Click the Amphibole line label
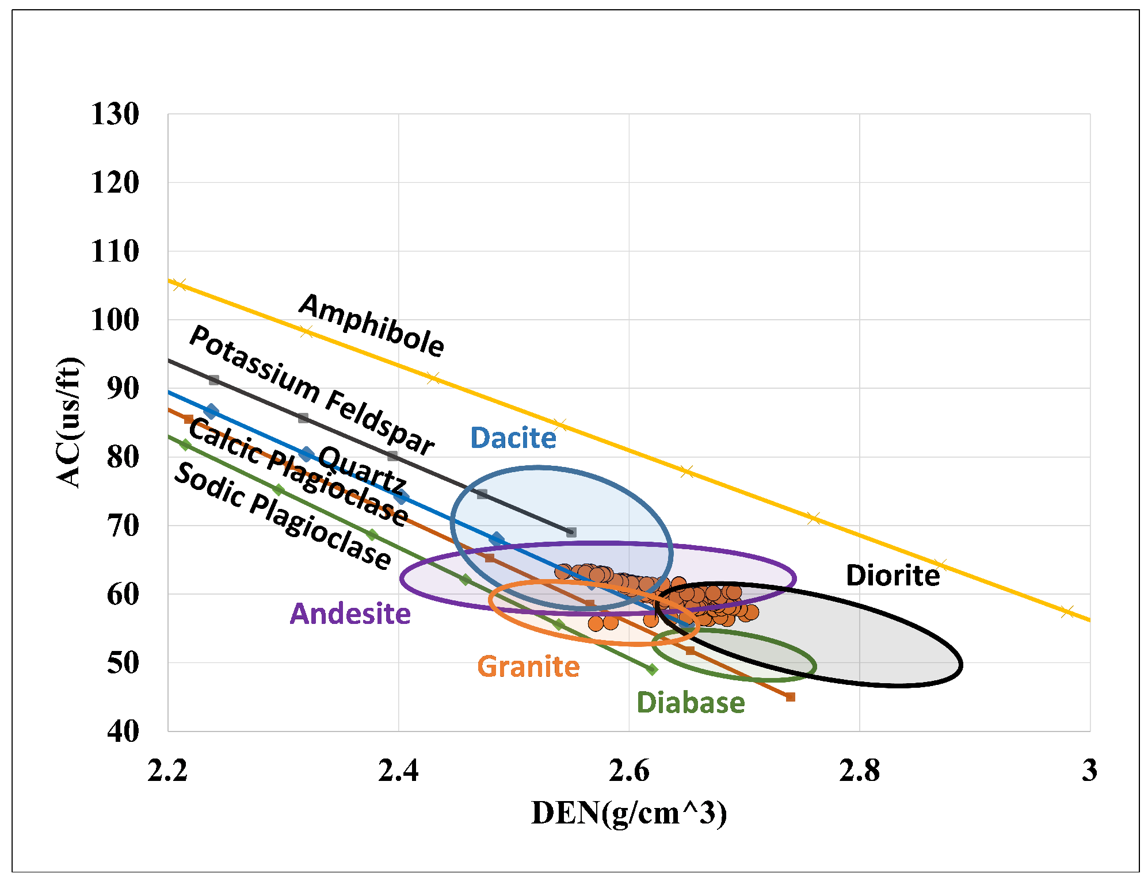(x=372, y=325)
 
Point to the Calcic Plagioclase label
(x=298, y=473)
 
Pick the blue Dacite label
(x=513, y=438)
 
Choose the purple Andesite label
(x=350, y=614)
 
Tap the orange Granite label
(x=528, y=667)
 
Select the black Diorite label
(x=893, y=576)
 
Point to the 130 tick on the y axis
(x=115, y=114)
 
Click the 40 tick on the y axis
(x=123, y=731)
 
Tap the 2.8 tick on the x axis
(x=859, y=771)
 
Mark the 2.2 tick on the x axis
(x=167, y=771)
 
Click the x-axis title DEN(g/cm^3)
(x=629, y=813)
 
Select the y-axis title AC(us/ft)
(x=69, y=423)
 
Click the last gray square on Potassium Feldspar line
(x=571, y=533)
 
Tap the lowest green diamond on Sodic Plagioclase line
(x=652, y=669)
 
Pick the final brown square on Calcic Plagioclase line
(x=791, y=697)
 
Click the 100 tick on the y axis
(x=115, y=320)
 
